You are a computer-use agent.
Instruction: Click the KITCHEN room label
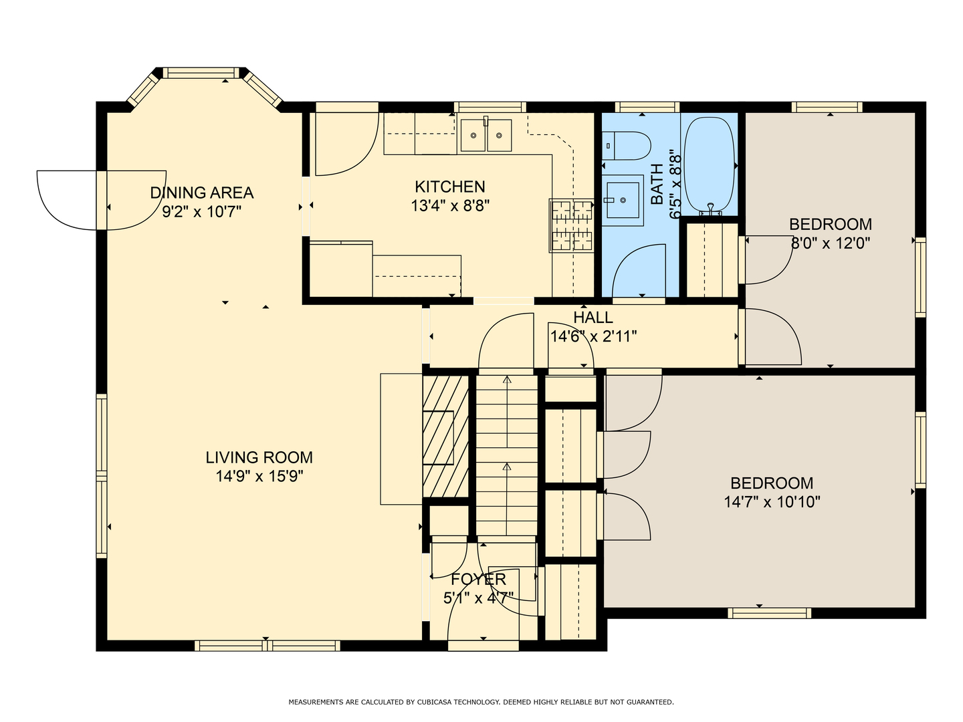pyautogui.click(x=449, y=187)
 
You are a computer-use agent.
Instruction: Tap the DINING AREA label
pyautogui.click(x=202, y=193)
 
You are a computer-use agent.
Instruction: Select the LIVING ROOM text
pyautogui.click(x=259, y=457)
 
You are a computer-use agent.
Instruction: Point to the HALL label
pyautogui.click(x=593, y=318)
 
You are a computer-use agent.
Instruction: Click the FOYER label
pyautogui.click(x=478, y=579)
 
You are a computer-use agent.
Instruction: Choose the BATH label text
pyautogui.click(x=657, y=184)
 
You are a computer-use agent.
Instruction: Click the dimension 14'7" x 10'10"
pyautogui.click(x=772, y=501)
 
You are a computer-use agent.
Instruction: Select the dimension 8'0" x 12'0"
pyautogui.click(x=830, y=243)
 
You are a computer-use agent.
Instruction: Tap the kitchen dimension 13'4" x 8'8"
pyautogui.click(x=449, y=206)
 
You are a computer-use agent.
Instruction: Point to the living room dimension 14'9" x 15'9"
pyautogui.click(x=259, y=476)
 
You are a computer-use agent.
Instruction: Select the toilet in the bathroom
pyautogui.click(x=626, y=146)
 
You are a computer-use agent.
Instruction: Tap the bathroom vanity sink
pyautogui.click(x=623, y=201)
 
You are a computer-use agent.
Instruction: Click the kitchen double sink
pyautogui.click(x=486, y=134)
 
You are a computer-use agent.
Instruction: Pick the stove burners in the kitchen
pyautogui.click(x=572, y=226)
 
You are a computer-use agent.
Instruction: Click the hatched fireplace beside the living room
pyautogui.click(x=445, y=436)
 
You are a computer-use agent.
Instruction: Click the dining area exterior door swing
pyautogui.click(x=102, y=201)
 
